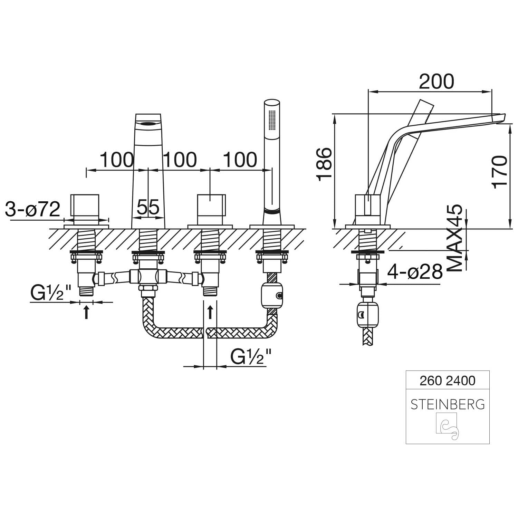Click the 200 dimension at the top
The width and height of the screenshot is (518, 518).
coord(436,82)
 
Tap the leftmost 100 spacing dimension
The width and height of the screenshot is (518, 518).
coord(117,159)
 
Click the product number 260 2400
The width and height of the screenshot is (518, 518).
coord(448,381)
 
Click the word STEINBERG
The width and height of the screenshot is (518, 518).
coord(448,404)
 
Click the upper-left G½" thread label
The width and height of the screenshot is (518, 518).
coord(51,294)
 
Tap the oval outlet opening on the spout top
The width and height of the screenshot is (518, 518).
coord(148,123)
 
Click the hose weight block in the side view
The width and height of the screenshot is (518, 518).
coord(368,315)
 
